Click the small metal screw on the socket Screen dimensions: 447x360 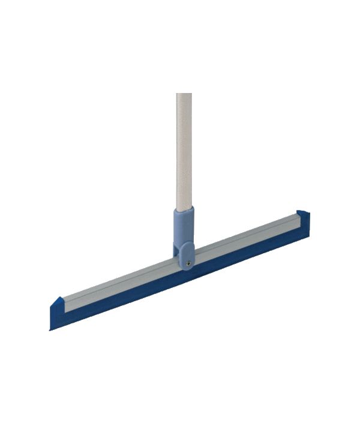(x=189, y=262)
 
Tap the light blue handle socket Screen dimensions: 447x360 (x=184, y=231)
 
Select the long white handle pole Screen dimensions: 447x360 (x=184, y=150)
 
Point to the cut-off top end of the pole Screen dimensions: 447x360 (x=184, y=94)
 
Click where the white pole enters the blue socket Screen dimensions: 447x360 (x=184, y=208)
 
